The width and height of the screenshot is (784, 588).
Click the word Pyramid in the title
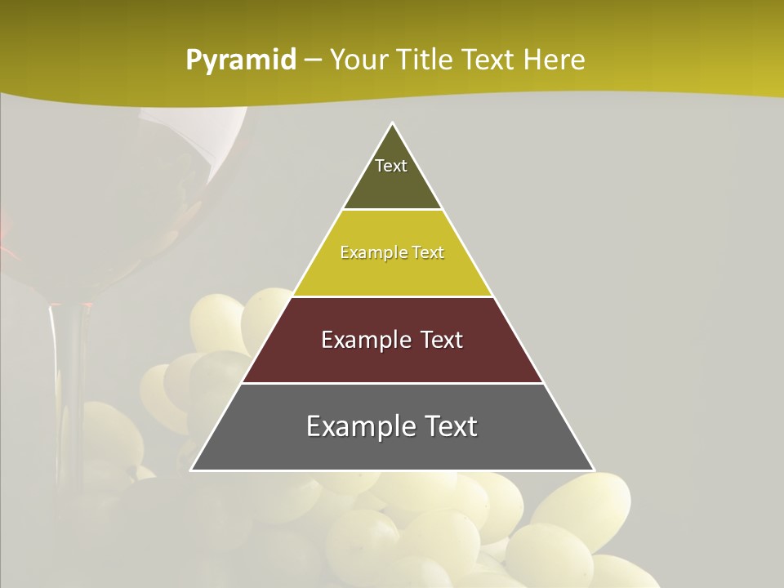point(240,60)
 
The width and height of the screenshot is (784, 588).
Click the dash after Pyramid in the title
point(313,60)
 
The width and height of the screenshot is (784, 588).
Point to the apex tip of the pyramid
point(393,124)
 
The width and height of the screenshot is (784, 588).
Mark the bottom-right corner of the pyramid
point(593,470)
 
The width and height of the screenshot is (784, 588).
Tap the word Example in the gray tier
point(359,426)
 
